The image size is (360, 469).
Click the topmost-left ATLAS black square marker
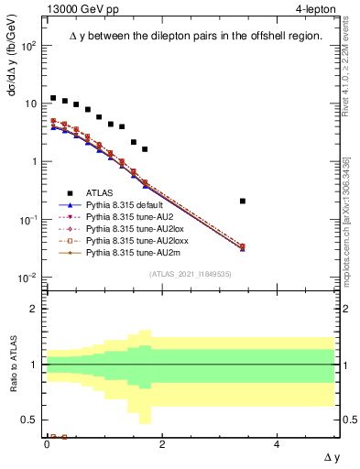click(53, 98)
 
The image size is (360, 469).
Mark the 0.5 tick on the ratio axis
click(30, 420)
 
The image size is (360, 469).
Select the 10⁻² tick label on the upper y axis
click(28, 278)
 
